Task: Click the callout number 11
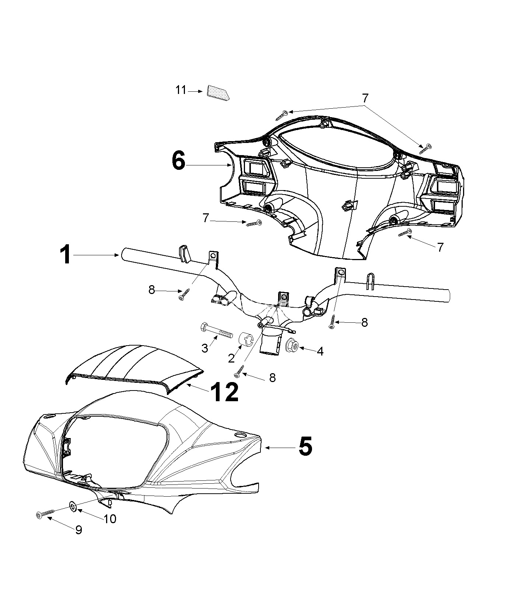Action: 181,90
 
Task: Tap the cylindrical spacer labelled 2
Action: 246,339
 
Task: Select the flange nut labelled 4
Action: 292,345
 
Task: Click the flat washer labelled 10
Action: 73,507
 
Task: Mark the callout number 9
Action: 78,530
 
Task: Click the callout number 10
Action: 110,519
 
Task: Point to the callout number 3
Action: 205,348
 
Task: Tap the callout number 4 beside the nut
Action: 320,351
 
